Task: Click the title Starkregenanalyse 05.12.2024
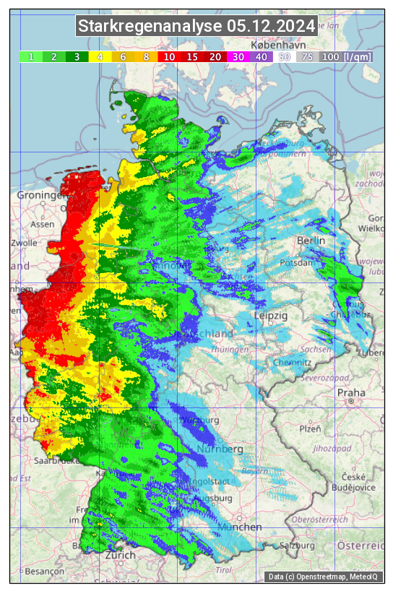click(x=196, y=27)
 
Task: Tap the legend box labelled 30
click(x=238, y=56)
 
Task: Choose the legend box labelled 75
click(x=307, y=56)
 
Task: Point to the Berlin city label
click(x=311, y=240)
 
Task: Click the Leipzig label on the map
click(x=271, y=316)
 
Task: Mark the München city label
click(x=239, y=527)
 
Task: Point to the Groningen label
click(x=41, y=196)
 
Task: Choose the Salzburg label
click(x=298, y=545)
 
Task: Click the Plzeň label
click(x=310, y=429)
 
